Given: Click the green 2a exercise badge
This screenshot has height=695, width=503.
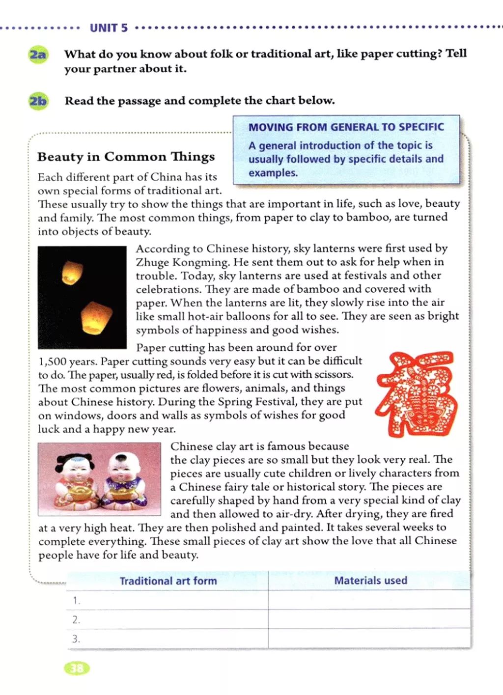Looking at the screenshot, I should [x=38, y=54].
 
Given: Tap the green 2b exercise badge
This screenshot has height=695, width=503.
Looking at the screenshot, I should [x=38, y=101].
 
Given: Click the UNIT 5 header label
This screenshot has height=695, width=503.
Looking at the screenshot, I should [x=109, y=28].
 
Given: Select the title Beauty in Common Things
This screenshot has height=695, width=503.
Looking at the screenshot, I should [x=126, y=157].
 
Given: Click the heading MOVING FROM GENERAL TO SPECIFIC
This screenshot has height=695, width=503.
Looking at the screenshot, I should [x=346, y=127].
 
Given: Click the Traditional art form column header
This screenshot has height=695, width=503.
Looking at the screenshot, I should [x=168, y=581].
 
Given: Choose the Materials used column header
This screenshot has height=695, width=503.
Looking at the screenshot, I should [x=370, y=581].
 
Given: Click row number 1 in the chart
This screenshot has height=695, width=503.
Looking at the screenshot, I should [x=76, y=600].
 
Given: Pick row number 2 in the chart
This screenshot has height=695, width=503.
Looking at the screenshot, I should [x=76, y=620].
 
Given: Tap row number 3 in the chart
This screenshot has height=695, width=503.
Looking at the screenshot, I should [x=76, y=639].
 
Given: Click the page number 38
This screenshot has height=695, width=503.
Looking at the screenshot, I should [x=77, y=668].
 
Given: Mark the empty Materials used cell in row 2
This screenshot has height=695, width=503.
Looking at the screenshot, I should [x=369, y=619].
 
